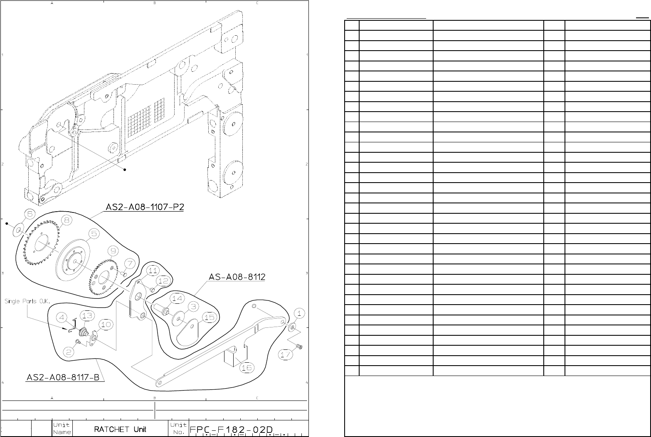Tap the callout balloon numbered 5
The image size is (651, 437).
(94, 234)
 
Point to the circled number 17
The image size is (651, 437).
(286, 354)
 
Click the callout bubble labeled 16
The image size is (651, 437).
(247, 367)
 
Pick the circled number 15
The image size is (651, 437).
(210, 317)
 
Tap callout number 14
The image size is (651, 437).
(177, 298)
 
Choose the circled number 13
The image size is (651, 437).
(86, 315)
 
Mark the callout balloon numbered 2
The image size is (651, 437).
(69, 352)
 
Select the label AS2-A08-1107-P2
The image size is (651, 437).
(144, 207)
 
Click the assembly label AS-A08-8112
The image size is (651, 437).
(237, 277)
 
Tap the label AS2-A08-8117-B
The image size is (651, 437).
(65, 377)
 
